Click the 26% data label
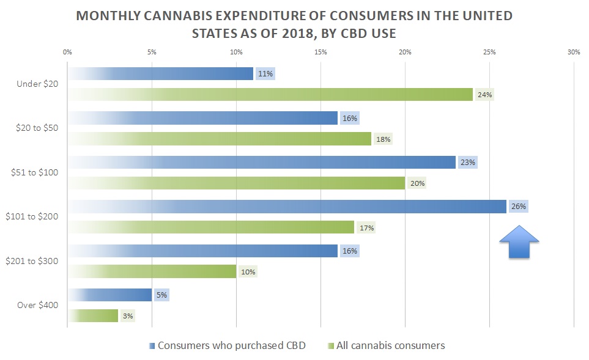pyautogui.click(x=519, y=207)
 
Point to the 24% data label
pyautogui.click(x=485, y=95)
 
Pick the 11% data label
pyautogui.click(x=265, y=74)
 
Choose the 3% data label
pyautogui.click(x=127, y=316)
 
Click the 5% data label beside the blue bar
pyautogui.click(x=161, y=295)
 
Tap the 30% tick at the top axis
pyautogui.click(x=573, y=52)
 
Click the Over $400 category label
pyautogui.click(x=37, y=305)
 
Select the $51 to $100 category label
pyautogui.click(x=35, y=172)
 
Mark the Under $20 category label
pyautogui.click(x=39, y=84)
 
